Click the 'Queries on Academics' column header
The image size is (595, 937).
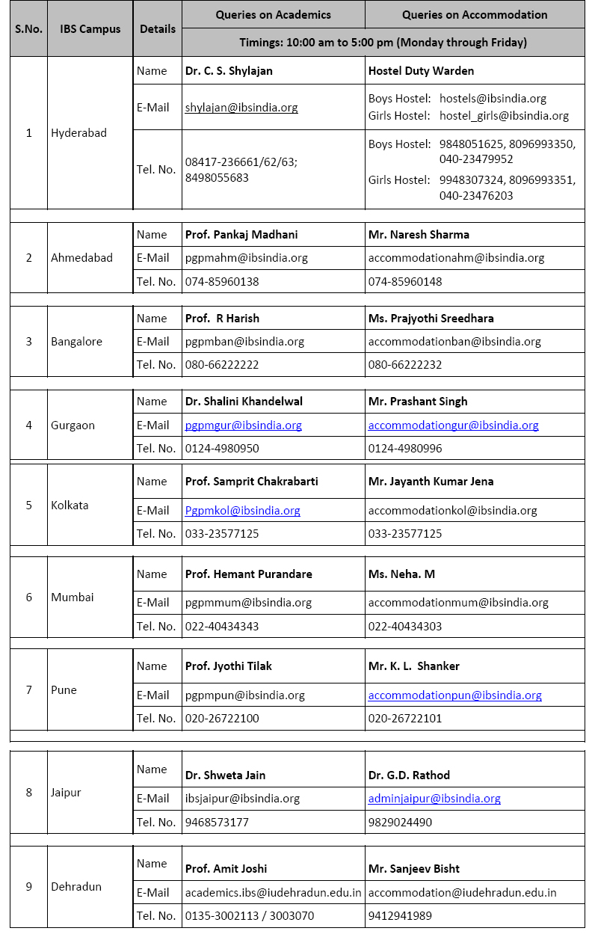(273, 15)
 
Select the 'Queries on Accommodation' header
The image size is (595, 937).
(474, 15)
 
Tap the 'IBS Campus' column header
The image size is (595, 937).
(90, 29)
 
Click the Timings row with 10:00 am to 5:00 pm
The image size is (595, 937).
(383, 43)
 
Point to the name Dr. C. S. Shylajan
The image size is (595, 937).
(229, 71)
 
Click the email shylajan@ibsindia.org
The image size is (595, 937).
(241, 108)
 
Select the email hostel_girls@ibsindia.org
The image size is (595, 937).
(504, 116)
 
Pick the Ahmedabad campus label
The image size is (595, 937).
(81, 258)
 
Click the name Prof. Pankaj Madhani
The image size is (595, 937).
(241, 235)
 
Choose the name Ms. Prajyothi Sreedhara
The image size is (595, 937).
(431, 319)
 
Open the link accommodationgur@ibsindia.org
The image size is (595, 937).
(453, 426)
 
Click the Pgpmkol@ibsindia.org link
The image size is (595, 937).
(243, 511)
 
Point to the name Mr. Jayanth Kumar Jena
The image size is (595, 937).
(431, 482)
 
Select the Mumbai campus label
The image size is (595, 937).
(73, 597)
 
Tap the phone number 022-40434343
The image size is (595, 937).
(222, 627)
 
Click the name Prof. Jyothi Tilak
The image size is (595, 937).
(229, 666)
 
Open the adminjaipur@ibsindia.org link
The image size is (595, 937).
(434, 799)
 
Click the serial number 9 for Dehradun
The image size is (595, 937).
(29, 887)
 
